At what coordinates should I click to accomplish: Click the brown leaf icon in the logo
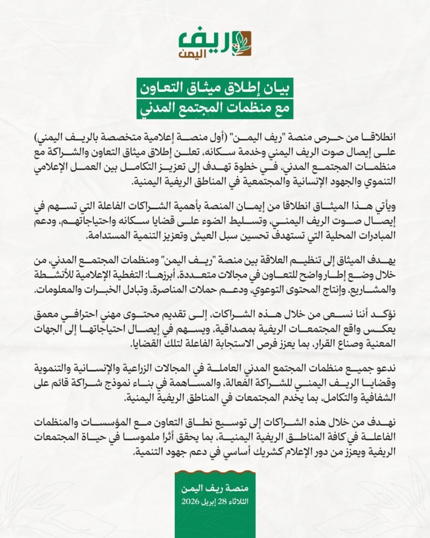[x=242, y=43]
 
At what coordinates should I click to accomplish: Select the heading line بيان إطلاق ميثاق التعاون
[x=215, y=88]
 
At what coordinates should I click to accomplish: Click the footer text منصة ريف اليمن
[x=215, y=490]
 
